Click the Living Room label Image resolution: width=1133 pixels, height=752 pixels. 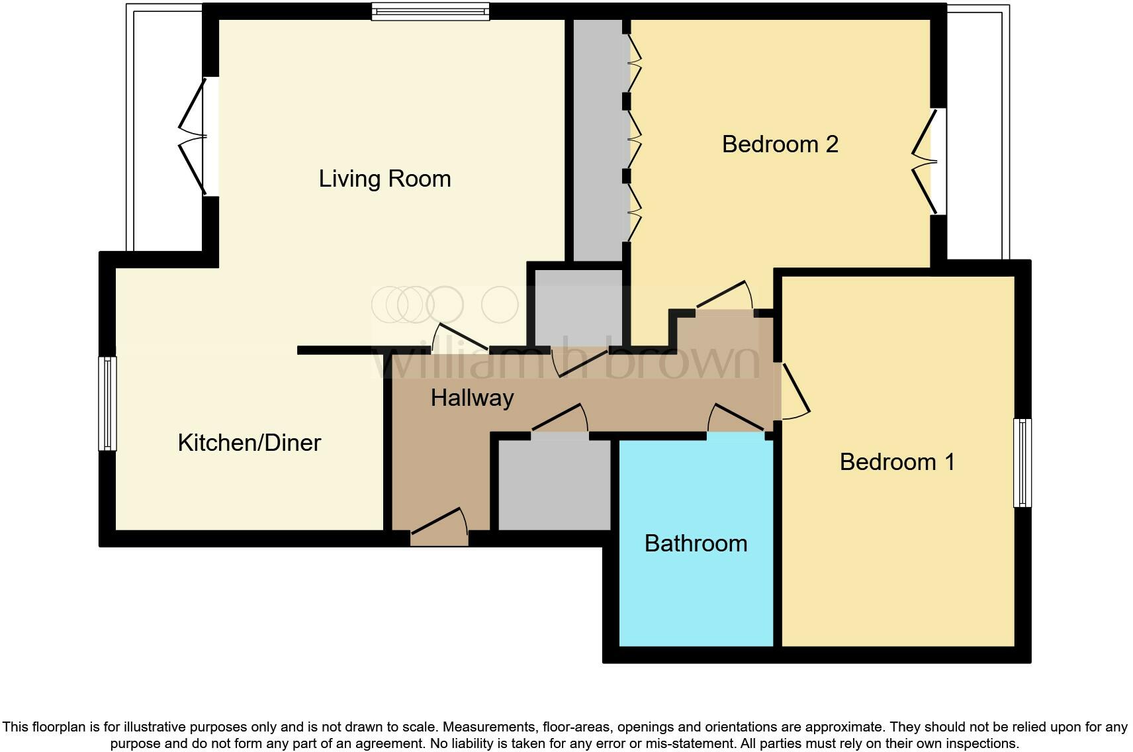coord(385,179)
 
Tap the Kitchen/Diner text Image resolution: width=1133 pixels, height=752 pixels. coord(249,442)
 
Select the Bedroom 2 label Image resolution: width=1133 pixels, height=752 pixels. coord(780,144)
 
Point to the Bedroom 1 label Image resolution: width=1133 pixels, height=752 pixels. coord(897,461)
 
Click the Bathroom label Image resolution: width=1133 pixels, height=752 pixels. coord(696,543)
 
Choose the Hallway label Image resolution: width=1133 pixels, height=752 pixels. coord(472,397)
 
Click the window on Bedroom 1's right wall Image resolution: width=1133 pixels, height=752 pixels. coord(1022,463)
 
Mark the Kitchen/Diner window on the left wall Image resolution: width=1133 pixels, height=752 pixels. coord(107,404)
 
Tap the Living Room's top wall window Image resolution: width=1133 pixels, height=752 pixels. coord(430,11)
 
